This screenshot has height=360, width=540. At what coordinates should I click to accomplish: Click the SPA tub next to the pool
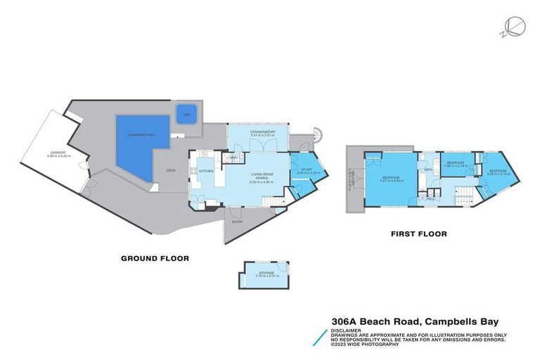pos(186,115)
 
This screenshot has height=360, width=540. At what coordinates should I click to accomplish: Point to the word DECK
pos(171,171)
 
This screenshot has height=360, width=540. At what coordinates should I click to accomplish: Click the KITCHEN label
pos(206,171)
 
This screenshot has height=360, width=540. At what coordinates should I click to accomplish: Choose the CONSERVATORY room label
pos(257,133)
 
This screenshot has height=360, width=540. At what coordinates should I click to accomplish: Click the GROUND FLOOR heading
pos(154,259)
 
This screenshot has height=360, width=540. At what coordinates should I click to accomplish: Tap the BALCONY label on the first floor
pos(352,181)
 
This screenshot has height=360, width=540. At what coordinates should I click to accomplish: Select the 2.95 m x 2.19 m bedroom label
pos(456,164)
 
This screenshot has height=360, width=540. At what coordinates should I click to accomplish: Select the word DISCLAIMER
pos(347,328)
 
